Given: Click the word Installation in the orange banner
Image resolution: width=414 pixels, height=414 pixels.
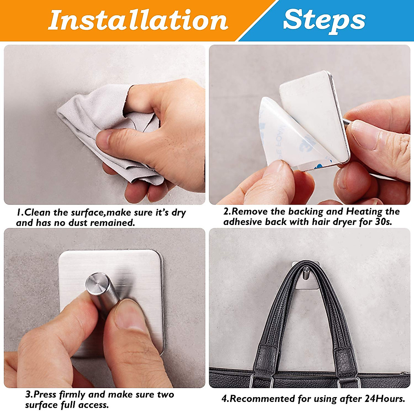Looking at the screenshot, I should pyautogui.click(x=138, y=20).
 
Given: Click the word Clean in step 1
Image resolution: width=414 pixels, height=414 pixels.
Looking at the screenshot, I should pyautogui.click(x=38, y=213).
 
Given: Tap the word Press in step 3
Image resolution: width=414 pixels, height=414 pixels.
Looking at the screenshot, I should pyautogui.click(x=45, y=394).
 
